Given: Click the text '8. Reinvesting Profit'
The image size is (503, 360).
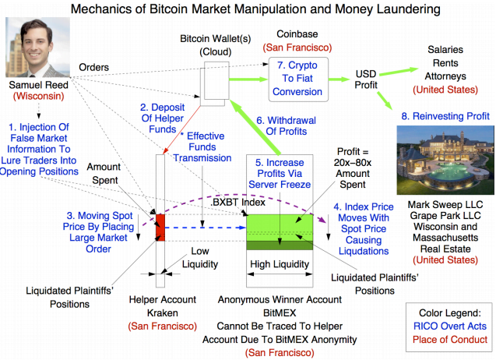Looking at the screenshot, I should click(445, 115).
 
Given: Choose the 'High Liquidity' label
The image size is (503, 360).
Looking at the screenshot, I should click(279, 264).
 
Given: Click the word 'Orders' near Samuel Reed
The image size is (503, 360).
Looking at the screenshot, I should click(93, 67).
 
